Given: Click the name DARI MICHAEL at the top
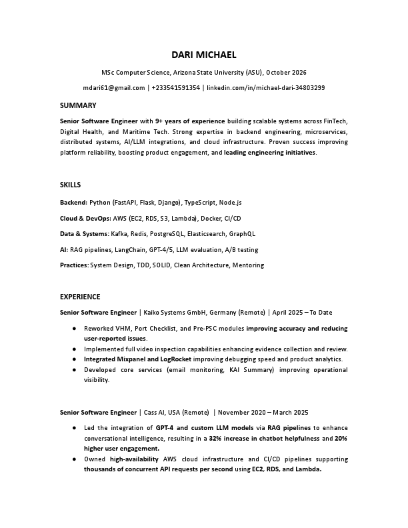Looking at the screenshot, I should point(204,55).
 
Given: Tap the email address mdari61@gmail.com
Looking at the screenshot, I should point(114,88).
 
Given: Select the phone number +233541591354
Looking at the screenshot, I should point(176,88).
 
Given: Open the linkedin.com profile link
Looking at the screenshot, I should point(266,88).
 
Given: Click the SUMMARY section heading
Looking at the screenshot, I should point(78,105).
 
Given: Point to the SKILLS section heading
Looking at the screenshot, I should point(71,185).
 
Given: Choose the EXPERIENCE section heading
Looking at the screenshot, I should point(80,297).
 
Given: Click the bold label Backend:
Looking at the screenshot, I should point(73,202).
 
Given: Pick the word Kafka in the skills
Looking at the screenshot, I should point(120,234).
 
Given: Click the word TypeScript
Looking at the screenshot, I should point(200,202).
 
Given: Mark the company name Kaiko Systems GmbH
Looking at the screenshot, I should point(175,313).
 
